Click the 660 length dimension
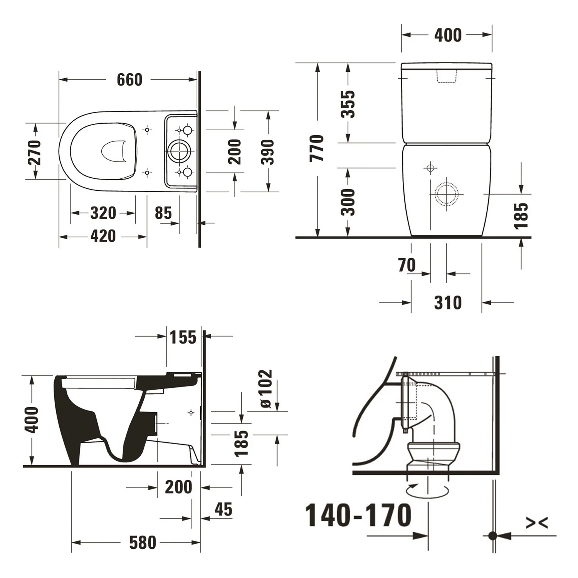click(129, 80)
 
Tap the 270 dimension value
click(34, 153)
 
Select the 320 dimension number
click(103, 213)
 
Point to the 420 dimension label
click(103, 236)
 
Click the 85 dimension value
click(163, 213)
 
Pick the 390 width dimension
click(267, 152)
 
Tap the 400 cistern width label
click(448, 35)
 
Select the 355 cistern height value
click(348, 104)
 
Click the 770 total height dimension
click(317, 148)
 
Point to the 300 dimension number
click(348, 202)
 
